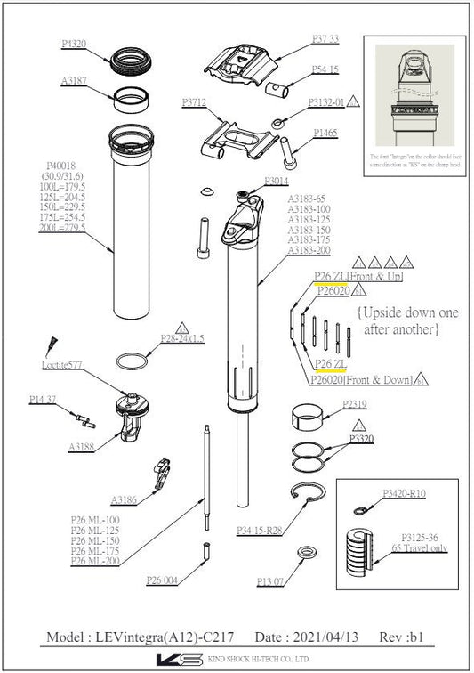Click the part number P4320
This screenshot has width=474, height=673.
click(74, 43)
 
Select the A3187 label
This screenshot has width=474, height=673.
click(74, 80)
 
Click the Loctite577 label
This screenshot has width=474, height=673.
click(62, 365)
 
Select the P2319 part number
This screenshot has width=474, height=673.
click(355, 403)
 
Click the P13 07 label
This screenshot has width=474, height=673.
click(270, 581)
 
